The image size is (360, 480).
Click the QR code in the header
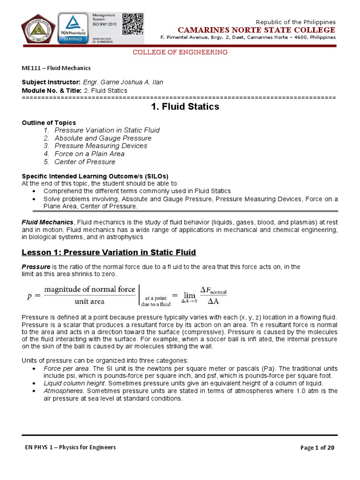point(133,23)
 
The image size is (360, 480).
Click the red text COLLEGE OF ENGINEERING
point(180,52)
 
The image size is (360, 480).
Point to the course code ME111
point(31,68)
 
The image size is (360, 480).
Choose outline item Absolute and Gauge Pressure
point(103,138)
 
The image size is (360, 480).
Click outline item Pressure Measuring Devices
point(101,146)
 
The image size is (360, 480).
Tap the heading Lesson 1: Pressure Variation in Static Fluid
point(109,253)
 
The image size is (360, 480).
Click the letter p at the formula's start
point(29,296)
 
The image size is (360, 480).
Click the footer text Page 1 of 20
point(317,447)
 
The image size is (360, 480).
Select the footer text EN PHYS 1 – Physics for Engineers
point(70,447)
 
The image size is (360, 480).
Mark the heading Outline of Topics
point(49,123)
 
